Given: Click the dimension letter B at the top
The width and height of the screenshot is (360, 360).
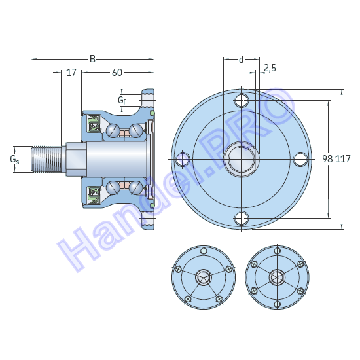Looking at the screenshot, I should point(92,59).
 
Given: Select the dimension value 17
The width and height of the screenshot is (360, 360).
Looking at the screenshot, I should point(71,72).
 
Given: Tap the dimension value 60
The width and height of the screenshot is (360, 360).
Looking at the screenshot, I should point(117,72).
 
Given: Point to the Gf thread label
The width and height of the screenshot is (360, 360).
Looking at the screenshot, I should point(122,100).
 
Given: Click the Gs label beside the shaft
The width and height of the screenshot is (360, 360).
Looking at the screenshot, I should point(14,159).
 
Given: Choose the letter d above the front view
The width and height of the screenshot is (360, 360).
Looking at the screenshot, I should point(241,60).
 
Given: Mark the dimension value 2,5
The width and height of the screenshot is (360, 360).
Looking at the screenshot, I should point(270,68).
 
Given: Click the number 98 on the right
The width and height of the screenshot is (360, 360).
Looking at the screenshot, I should point(328,158).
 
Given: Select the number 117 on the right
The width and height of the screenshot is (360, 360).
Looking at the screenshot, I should point(344,158).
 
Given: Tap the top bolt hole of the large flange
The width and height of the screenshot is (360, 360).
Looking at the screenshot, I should point(242,100).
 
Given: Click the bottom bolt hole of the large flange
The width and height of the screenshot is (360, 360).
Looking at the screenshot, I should point(242,217).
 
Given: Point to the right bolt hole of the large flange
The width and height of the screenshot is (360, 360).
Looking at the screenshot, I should point(300,158).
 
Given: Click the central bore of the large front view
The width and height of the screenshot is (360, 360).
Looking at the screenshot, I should point(242,158).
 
